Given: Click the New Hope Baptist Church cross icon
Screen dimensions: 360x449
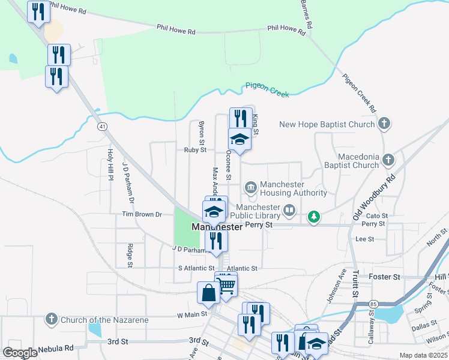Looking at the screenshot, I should click(385, 124).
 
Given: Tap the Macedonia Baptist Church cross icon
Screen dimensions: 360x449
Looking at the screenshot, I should click(388, 160).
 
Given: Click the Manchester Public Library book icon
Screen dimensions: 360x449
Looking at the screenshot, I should click(289, 211).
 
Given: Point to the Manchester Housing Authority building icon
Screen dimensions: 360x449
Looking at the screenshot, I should click(250, 188).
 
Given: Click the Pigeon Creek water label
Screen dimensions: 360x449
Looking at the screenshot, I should click(267, 90).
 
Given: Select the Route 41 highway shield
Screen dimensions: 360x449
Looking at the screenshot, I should click(103, 127).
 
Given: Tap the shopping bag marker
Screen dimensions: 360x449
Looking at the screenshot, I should click(208, 293).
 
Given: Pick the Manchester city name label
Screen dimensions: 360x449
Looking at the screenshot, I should click(217, 227).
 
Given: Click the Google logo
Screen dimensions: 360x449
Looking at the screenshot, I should click(20, 353).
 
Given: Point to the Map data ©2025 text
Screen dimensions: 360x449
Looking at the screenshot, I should click(423, 355).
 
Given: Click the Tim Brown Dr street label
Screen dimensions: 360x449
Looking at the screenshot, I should click(142, 214).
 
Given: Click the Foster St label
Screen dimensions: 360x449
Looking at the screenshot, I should click(388, 277).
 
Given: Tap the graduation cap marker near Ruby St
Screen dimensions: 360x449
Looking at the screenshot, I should click(240, 139).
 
